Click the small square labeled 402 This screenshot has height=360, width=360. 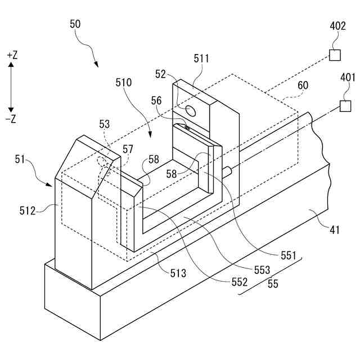[335, 55]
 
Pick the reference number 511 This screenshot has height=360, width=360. [201, 58]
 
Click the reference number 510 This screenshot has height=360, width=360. [124, 82]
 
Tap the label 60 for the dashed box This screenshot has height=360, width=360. [303, 85]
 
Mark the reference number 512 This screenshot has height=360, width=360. [28, 211]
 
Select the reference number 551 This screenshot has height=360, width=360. [287, 255]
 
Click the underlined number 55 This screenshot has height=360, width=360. [272, 284]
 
